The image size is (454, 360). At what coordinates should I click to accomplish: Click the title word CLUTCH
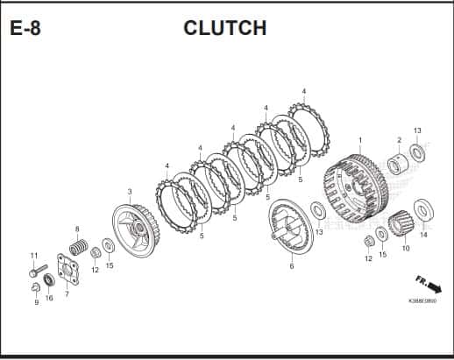click(225, 28)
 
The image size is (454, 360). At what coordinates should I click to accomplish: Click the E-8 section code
click(25, 28)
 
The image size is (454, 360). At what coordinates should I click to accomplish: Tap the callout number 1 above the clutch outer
click(360, 140)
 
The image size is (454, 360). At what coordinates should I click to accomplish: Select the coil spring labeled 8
click(79, 247)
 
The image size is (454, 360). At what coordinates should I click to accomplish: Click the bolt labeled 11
click(38, 271)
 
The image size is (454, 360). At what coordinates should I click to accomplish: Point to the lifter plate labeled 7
click(68, 270)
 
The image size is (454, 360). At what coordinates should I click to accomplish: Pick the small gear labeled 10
click(401, 223)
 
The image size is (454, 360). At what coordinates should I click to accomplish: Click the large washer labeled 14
click(423, 209)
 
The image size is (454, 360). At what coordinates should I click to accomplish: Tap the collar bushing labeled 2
click(397, 164)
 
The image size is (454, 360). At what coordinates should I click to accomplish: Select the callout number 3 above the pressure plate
click(130, 192)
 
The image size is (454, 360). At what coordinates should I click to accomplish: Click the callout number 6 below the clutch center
click(292, 266)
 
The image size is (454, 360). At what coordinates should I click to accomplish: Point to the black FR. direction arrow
click(434, 287)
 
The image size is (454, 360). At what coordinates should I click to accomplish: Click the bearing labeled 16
click(49, 280)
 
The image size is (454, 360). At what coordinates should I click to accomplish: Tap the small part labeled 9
click(35, 287)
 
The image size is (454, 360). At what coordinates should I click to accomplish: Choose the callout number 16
click(49, 298)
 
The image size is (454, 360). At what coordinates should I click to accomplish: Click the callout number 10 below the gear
click(406, 248)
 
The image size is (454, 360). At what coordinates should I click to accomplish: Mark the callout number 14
click(423, 235)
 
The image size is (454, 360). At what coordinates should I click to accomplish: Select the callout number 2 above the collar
click(400, 140)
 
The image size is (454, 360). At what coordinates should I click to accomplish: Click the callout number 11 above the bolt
click(34, 256)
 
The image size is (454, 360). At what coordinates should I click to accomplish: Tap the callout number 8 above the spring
click(77, 229)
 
